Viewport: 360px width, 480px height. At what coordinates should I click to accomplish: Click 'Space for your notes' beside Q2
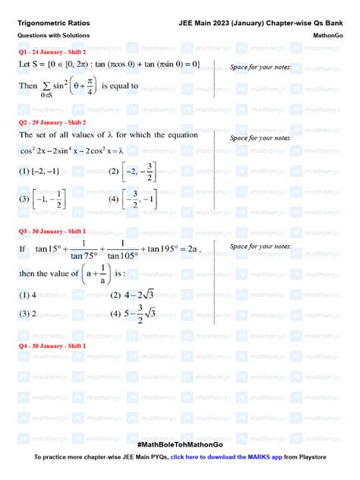coord(261,138)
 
